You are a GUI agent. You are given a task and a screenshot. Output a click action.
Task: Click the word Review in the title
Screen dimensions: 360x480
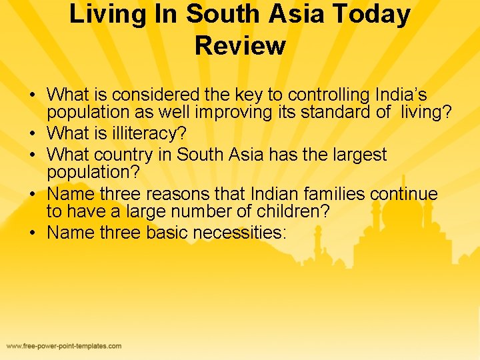(x=240, y=45)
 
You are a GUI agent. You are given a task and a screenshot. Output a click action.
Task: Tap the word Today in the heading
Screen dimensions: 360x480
(x=374, y=14)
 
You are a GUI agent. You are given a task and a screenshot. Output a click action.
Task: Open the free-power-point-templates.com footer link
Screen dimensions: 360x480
(x=64, y=346)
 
